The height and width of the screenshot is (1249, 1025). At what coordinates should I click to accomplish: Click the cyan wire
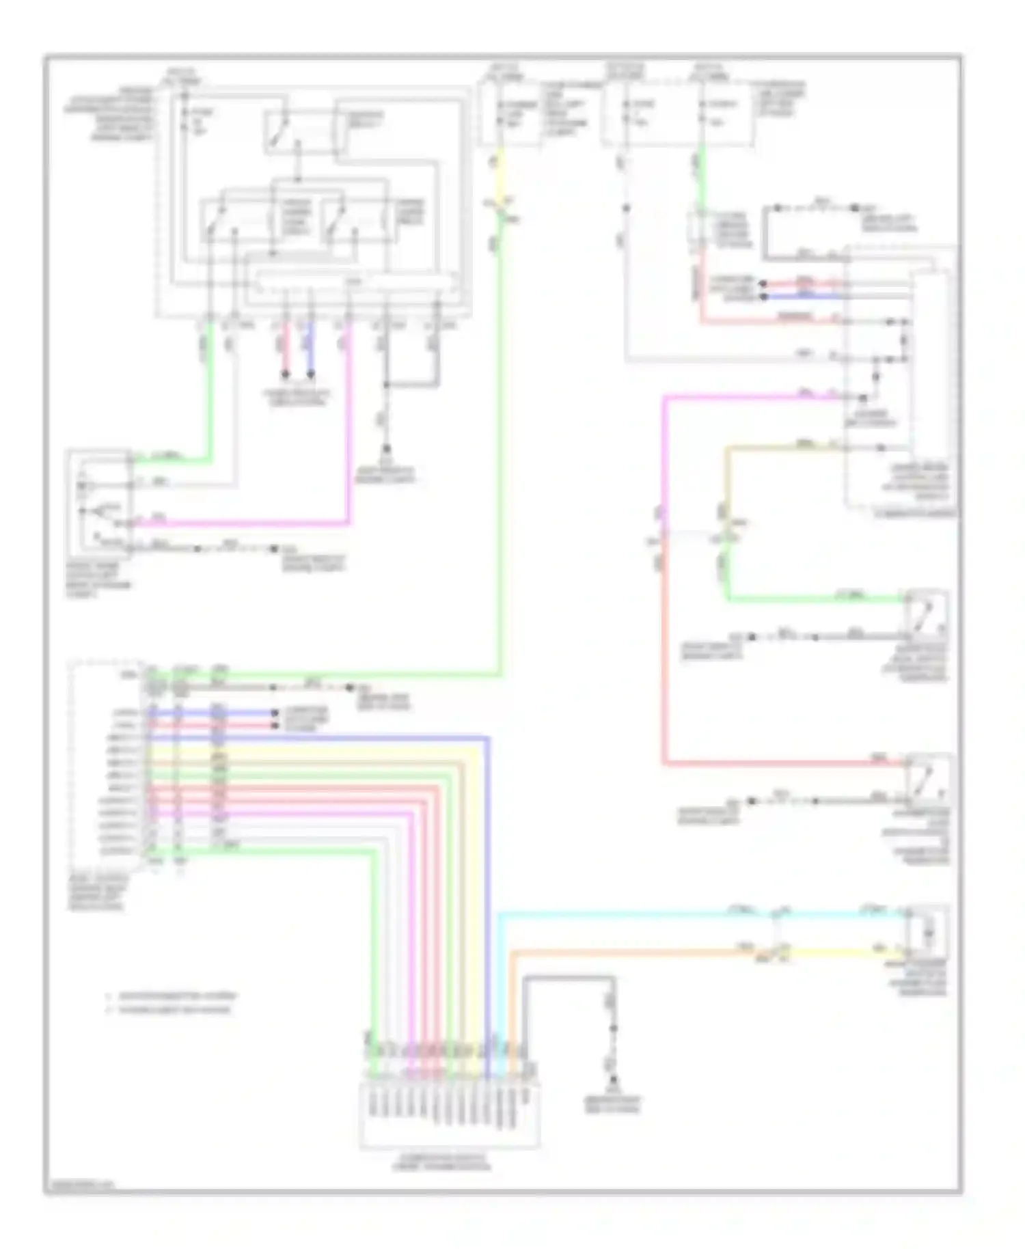click(629, 913)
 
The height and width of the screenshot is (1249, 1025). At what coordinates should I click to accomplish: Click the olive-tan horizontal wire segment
click(779, 448)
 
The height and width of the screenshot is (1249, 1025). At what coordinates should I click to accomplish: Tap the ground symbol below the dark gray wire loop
click(613, 1082)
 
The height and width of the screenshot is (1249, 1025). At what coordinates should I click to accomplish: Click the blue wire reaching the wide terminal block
click(488, 888)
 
